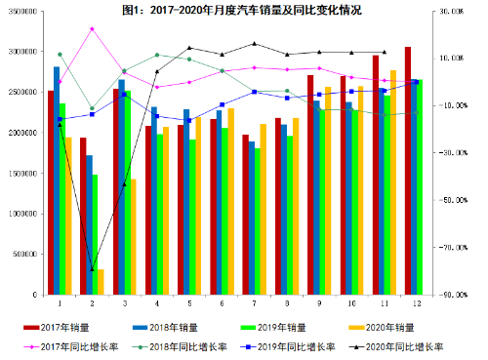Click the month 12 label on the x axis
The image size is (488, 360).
(x=418, y=303)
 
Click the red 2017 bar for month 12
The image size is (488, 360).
(x=408, y=171)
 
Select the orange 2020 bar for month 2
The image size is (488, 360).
(x=101, y=282)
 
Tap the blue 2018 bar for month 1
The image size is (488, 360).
(x=57, y=180)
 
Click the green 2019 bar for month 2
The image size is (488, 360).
(x=95, y=234)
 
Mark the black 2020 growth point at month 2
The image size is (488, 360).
(x=92, y=269)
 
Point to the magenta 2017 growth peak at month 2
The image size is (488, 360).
(x=92, y=28)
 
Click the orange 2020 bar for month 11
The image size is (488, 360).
(x=393, y=182)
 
